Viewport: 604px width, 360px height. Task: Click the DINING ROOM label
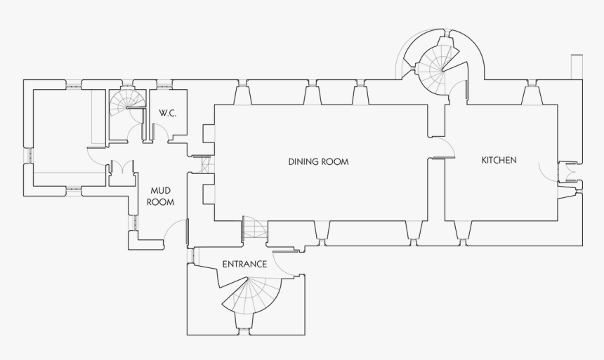318,162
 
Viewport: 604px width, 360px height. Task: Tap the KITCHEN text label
499,160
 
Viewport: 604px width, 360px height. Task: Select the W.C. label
167,113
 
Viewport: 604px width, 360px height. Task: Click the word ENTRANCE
244,265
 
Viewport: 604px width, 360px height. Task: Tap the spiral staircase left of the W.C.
127,105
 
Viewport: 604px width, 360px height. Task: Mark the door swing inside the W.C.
159,131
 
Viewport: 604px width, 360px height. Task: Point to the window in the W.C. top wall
164,87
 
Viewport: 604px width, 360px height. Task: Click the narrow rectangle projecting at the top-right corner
576,67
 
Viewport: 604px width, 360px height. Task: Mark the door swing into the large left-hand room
96,156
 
